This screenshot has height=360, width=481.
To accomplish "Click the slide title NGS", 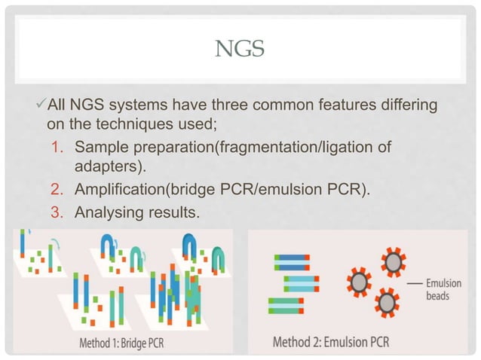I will pyautogui.click(x=240, y=50).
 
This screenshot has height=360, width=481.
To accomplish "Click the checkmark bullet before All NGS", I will pyautogui.click(x=41, y=104).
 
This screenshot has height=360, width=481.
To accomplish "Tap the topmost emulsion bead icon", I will pyautogui.click(x=393, y=264).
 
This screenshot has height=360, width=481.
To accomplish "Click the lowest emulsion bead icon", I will pyautogui.click(x=388, y=303).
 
